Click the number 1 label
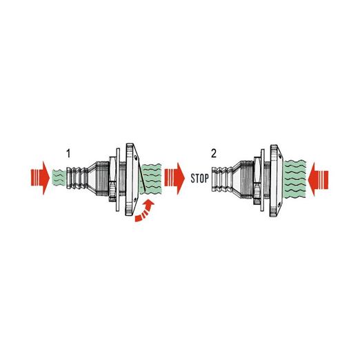tap(68, 153)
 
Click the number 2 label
tap(214, 153)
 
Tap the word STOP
tap(200, 179)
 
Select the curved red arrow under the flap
tap(145, 211)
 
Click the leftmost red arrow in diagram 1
tap(40, 178)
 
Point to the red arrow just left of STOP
tap(174, 178)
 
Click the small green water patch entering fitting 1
tap(58, 178)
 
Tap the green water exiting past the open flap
tap(152, 179)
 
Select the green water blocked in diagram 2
tap(295, 179)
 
